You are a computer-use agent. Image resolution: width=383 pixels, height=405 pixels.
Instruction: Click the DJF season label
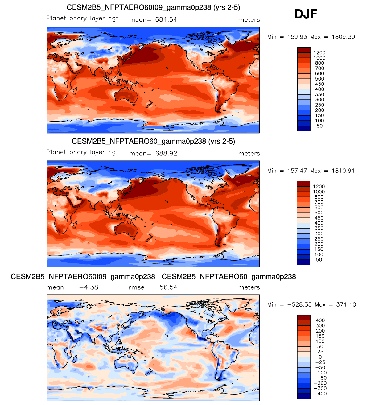[x=306, y=14]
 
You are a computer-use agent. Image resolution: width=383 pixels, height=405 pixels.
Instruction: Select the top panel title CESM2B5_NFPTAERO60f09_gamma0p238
[x=153, y=7]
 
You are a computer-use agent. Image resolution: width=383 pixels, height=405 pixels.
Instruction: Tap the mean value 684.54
[x=166, y=20]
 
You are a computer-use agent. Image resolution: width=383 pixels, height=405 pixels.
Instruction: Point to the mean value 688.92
[x=166, y=154]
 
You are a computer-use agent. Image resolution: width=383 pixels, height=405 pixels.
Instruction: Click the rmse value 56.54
[x=168, y=287]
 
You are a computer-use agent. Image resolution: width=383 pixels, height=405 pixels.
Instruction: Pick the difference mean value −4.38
[x=89, y=287]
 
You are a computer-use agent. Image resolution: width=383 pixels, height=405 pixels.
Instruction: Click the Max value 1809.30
[x=343, y=37]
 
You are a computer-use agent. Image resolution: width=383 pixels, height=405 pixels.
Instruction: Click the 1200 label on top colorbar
[x=319, y=53]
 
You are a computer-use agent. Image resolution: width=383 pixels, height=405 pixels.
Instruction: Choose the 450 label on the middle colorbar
[x=319, y=218]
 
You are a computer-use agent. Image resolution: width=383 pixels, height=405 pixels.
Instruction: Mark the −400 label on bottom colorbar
[x=320, y=394]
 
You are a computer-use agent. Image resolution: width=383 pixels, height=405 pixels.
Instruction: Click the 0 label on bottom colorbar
[x=320, y=357]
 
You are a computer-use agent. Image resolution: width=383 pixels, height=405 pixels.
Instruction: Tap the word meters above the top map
[x=249, y=20]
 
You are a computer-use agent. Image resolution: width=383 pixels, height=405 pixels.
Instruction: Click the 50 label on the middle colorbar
[x=319, y=260]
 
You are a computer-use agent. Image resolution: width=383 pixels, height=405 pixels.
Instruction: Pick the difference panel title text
[x=153, y=277]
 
